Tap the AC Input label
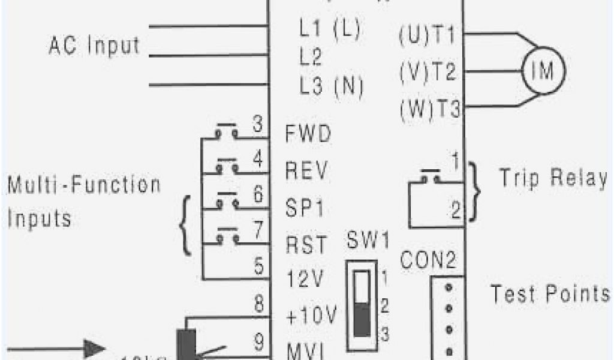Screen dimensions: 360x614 94,46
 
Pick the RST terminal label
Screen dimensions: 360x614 306,245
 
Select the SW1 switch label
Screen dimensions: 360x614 368,243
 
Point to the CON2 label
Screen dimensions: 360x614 428,261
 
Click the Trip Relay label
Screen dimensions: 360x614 553,178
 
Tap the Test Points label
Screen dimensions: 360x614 550,294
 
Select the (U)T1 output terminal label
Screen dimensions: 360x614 428,37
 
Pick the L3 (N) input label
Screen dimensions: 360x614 332,86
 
